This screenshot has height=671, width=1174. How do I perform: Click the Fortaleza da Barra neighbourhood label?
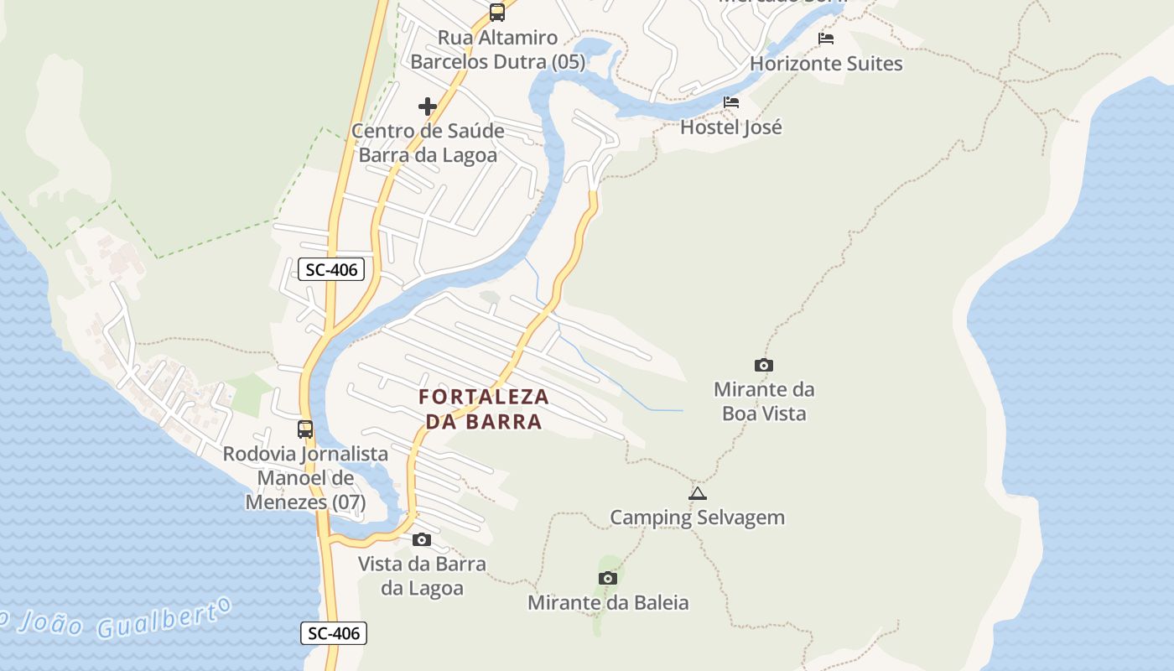484,408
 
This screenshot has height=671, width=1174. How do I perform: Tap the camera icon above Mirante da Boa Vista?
763,365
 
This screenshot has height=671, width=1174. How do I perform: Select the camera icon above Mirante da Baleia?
608,578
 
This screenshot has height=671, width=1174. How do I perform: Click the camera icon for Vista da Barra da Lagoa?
422,539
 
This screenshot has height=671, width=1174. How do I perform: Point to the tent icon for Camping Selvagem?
697,494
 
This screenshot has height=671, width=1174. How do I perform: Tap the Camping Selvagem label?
697,518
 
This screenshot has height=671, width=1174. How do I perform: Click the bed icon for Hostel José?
731,103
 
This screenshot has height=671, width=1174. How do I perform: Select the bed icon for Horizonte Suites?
826,39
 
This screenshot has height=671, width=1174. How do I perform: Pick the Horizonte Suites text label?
826,64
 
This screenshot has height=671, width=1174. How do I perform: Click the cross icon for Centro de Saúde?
428,107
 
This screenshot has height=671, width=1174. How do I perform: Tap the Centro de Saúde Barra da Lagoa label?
428,143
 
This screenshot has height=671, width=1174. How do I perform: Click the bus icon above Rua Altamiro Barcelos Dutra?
497,12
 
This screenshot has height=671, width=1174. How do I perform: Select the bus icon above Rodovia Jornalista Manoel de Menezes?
305,429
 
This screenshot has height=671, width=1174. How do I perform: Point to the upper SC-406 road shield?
332,270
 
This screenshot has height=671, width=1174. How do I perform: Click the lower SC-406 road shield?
334,633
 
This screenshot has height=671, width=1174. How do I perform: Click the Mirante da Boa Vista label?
763,402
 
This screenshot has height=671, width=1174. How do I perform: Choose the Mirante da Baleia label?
608,602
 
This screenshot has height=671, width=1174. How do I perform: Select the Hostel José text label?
731,127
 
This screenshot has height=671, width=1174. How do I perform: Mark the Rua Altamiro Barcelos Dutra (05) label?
497,49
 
